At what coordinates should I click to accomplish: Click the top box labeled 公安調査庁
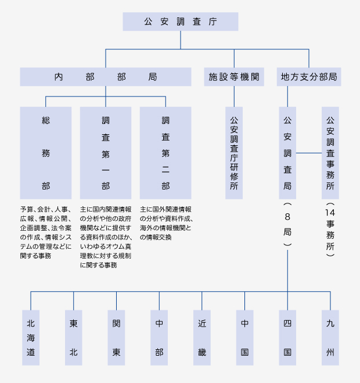(x=180, y=22)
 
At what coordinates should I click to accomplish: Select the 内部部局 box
(x=106, y=77)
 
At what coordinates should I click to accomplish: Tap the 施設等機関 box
(x=234, y=77)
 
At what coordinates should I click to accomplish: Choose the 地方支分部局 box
(x=308, y=77)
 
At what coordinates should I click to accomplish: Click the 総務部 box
(x=46, y=153)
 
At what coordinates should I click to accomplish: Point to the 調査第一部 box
(x=106, y=153)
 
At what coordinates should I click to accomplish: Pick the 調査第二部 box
(x=165, y=153)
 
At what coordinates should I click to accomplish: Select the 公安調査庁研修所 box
(x=234, y=153)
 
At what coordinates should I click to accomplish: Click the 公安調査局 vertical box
(x=287, y=153)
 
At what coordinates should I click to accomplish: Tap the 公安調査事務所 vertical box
(x=330, y=153)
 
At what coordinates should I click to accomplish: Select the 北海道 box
(x=31, y=338)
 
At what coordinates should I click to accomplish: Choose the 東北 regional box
(x=74, y=338)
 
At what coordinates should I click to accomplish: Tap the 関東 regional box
(x=117, y=338)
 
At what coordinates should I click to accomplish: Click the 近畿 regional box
(x=202, y=338)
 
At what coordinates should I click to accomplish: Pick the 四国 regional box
(x=287, y=338)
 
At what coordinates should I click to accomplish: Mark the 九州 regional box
(x=330, y=338)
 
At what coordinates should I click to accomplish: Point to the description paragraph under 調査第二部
(x=165, y=224)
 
